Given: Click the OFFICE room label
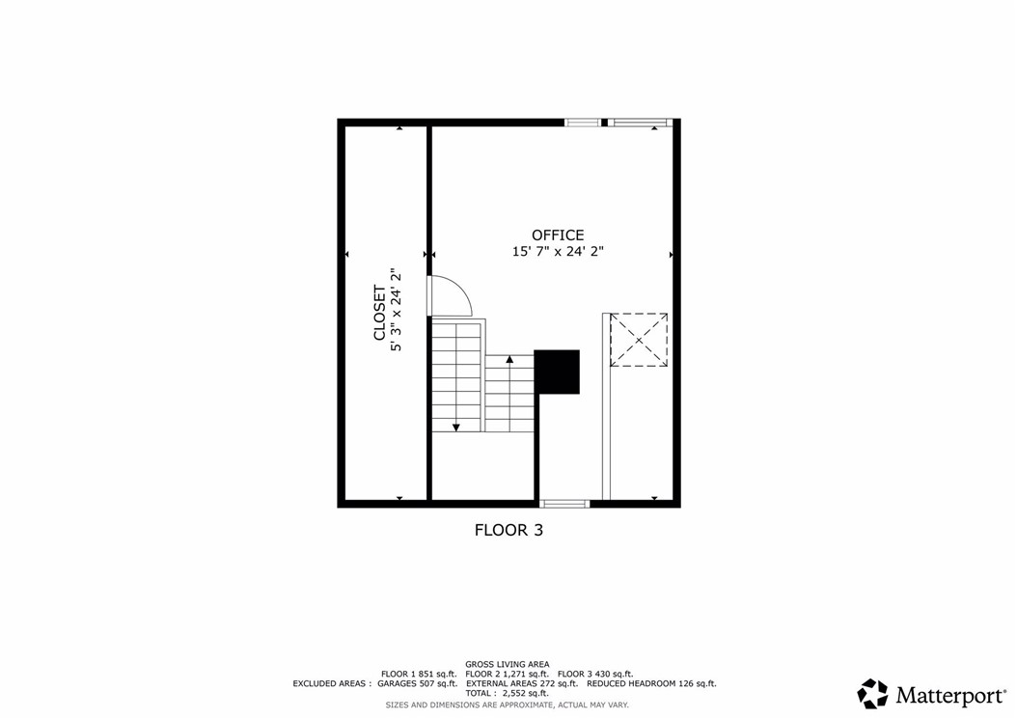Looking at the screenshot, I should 558,235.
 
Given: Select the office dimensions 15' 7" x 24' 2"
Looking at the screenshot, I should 558,251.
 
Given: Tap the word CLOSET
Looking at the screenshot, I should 380,313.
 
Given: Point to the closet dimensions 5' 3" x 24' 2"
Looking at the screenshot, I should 396,311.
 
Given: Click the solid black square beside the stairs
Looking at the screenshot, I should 557,372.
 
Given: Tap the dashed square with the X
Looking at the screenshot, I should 639,339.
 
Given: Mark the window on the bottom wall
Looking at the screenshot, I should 564,503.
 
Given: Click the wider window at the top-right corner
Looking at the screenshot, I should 640,123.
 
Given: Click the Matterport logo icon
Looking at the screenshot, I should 872,693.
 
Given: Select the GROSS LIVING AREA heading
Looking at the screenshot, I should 508,664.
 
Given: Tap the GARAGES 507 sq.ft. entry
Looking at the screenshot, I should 418,683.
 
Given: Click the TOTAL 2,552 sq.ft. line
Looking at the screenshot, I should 508,693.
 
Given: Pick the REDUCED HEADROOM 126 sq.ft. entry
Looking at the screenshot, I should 651,683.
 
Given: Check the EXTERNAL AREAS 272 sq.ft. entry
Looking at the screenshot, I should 521,683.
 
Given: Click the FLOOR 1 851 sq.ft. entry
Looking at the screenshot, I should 419,674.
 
